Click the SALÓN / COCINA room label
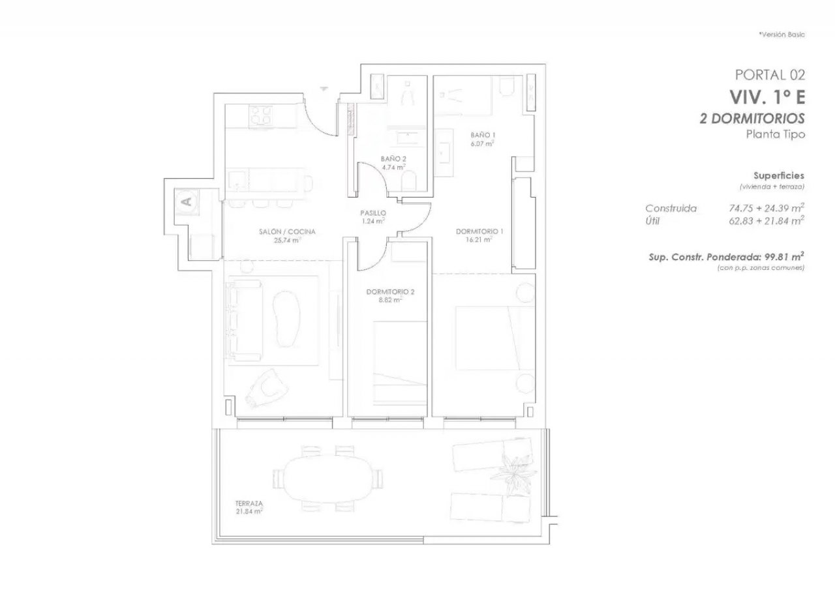coord(287,231)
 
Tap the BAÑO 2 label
coord(393,159)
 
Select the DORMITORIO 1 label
coord(479,231)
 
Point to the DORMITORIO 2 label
coord(390,292)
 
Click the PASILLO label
coord(373,213)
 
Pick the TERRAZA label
coord(249,503)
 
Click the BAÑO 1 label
coord(483,135)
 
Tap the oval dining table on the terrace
coord(328,479)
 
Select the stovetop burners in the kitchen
coord(260,115)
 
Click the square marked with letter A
coord(187,201)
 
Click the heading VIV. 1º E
coord(767,97)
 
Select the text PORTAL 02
coord(770,75)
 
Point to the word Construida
coord(671,208)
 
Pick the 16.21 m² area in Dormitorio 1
coord(479,240)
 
